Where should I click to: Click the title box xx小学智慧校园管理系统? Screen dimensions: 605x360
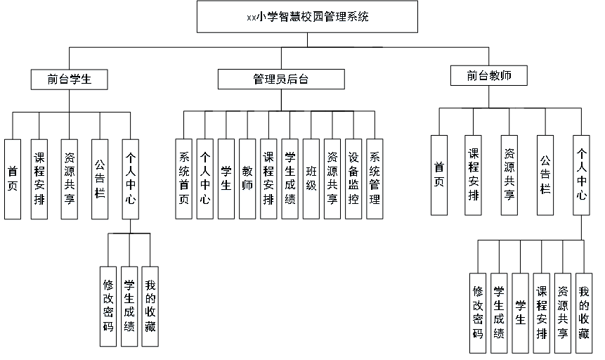[x=308, y=18]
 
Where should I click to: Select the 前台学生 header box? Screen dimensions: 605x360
[x=70, y=80]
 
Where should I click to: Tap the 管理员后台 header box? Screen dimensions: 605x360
[x=282, y=80]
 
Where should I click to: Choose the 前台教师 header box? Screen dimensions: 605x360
[x=489, y=76]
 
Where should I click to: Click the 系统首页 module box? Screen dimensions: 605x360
[x=183, y=179]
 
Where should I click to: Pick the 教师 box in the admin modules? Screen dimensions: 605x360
[x=247, y=179]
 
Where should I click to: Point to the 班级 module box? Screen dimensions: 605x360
[x=311, y=179]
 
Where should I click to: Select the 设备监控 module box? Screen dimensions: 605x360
[x=353, y=179]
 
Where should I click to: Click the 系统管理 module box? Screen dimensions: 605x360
[x=375, y=179]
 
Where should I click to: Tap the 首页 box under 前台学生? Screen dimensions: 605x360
[x=13, y=179]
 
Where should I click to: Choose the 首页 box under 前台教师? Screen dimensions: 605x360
[x=439, y=175]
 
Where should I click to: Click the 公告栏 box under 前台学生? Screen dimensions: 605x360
[x=100, y=179]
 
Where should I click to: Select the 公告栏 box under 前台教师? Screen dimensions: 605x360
[x=545, y=175]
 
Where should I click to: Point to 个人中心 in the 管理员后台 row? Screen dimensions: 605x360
[x=204, y=179]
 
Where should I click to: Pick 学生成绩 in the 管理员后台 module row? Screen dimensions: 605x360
[x=290, y=179]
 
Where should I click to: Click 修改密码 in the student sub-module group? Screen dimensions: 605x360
[x=108, y=307]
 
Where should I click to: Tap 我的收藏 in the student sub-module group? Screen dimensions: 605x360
[x=150, y=307]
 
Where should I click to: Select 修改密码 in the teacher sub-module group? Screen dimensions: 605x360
[x=479, y=313]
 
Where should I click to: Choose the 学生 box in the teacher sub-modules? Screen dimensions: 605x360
[x=521, y=313]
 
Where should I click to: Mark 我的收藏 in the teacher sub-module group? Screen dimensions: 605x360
[x=583, y=313]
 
